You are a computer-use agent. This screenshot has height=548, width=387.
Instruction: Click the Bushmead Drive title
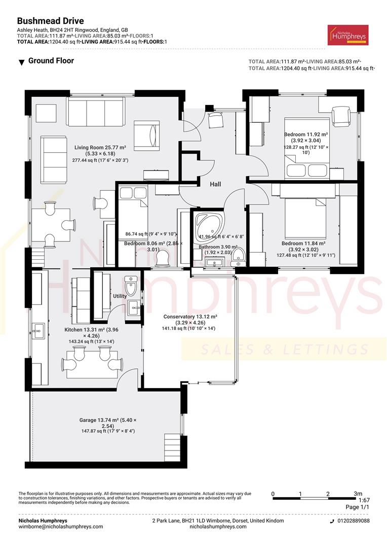[x=51, y=21]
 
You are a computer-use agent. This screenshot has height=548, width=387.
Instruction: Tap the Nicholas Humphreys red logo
[x=348, y=35]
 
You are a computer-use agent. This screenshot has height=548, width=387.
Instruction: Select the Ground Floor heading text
[x=51, y=61]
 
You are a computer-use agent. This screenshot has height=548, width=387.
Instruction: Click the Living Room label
[x=100, y=148]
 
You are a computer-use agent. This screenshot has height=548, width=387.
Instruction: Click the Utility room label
[x=120, y=296]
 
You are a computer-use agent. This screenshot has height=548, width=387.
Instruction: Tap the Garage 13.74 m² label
[x=107, y=420]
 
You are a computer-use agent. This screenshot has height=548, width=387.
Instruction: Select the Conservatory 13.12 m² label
[x=190, y=317]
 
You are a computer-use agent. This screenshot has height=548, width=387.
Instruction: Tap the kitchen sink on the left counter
[x=37, y=333]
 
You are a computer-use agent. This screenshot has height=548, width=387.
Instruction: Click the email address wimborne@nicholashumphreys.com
[x=60, y=527]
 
